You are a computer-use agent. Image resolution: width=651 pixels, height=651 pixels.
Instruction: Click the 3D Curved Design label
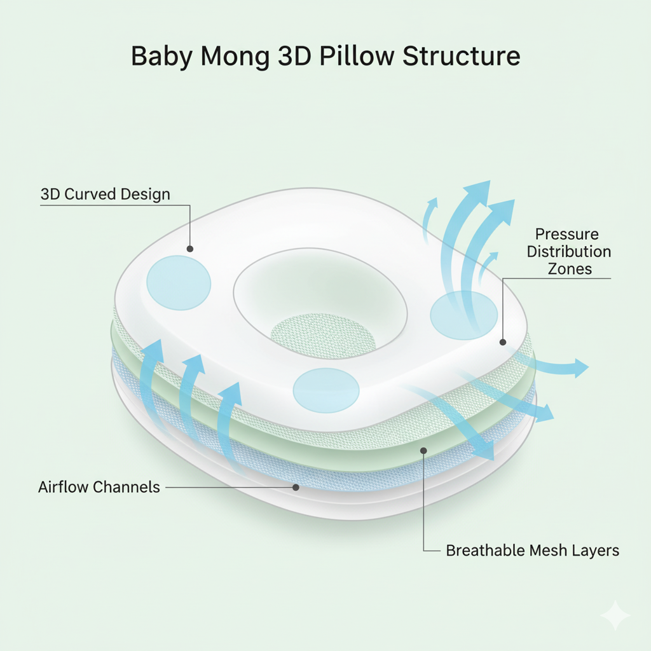coord(106,194)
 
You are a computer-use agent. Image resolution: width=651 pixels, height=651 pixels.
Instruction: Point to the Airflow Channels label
coord(99,488)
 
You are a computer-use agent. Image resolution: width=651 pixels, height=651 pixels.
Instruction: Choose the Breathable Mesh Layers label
coord(533,551)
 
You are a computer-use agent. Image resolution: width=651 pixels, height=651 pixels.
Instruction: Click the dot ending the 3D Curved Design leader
coord(189,249)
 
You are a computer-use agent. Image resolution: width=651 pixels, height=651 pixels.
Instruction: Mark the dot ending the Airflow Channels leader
coord(296,488)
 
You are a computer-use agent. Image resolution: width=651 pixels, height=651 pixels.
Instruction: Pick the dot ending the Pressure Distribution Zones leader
coord(502,342)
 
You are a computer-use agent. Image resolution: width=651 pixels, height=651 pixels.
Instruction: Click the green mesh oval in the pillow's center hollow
coord(315,334)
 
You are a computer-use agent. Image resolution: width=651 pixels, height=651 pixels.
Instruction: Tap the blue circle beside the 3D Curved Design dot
coord(179,283)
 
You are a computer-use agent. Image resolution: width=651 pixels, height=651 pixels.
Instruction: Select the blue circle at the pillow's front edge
coord(326,389)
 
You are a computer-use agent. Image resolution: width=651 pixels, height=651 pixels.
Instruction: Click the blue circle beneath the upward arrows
coord(463,314)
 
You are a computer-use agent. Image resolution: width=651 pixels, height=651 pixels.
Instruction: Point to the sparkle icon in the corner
coord(615,615)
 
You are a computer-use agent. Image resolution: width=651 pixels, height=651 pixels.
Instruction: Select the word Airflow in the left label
coord(64,488)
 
